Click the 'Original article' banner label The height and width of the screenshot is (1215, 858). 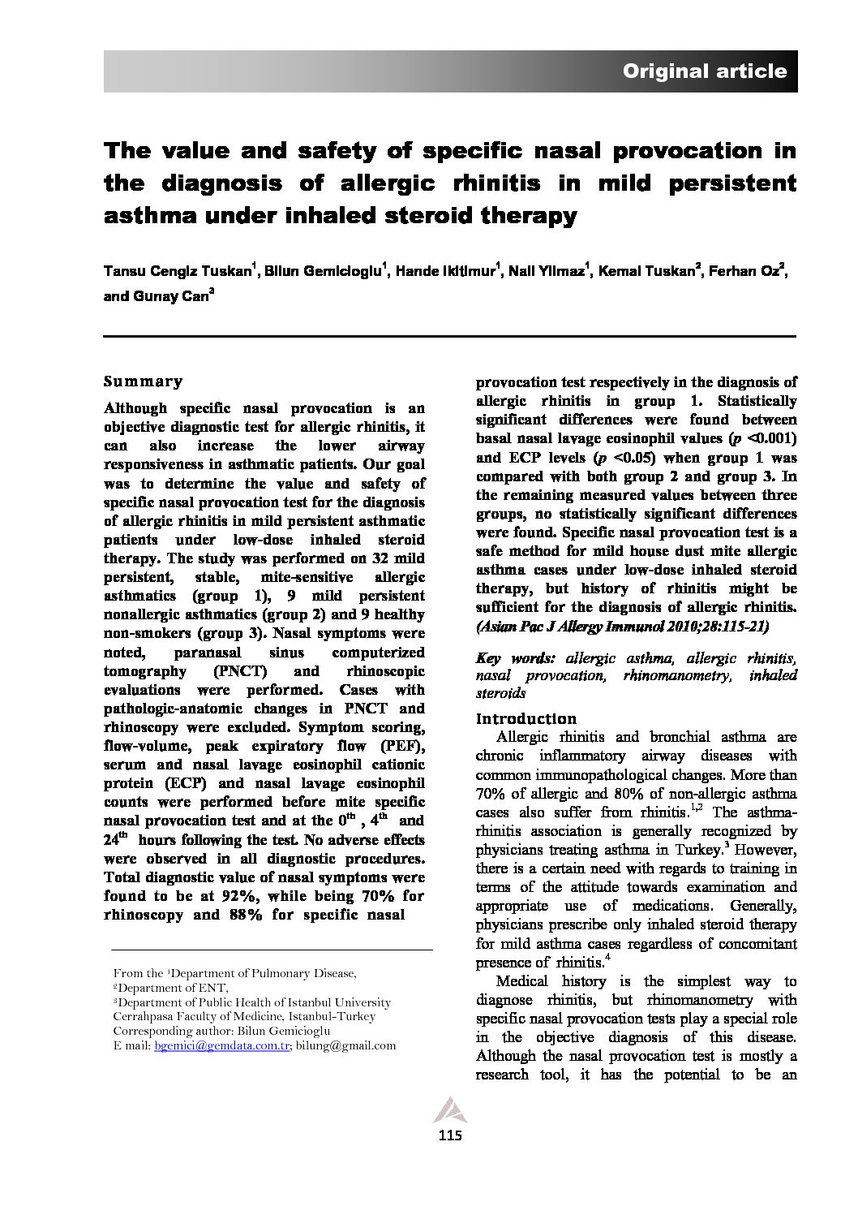click(x=704, y=71)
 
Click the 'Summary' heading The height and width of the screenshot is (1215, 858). click(x=144, y=381)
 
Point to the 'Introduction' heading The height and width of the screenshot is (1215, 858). click(x=526, y=718)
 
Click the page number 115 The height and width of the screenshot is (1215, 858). click(x=449, y=1135)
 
